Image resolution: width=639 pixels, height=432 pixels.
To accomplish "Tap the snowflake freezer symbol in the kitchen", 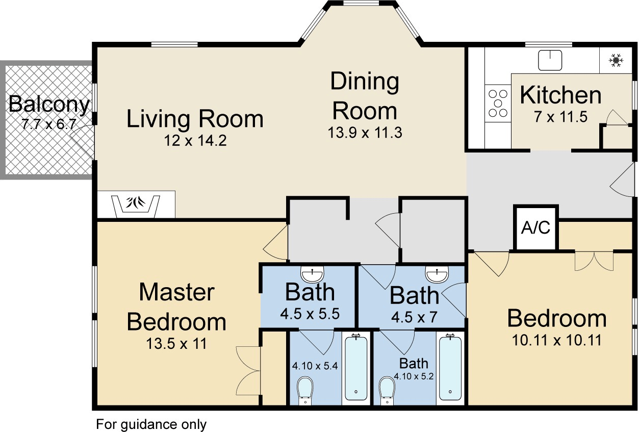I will point(616,61).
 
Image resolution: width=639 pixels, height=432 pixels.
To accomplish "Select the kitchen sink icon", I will point(550,60).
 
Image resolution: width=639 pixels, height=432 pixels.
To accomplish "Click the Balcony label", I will point(49,105).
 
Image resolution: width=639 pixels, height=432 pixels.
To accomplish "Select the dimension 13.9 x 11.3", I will point(365,133).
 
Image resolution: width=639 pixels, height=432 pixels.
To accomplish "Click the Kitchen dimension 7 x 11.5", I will point(561,117).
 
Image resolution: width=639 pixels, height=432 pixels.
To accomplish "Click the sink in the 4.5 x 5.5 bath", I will point(312,275).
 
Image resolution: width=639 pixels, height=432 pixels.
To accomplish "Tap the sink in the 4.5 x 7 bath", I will point(437,275).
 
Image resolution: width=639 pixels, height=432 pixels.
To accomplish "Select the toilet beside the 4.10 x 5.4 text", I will point(305,390).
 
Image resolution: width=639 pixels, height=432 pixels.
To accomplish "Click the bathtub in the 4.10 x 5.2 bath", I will point(450,367).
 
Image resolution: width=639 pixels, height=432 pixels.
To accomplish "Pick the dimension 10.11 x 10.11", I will point(557,340).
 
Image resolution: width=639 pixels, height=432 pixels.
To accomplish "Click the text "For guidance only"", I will point(151,424).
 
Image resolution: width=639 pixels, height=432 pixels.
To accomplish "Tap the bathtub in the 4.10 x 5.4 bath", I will point(356,367).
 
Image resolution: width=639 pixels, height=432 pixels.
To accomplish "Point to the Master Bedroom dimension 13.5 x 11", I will point(176,343).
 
